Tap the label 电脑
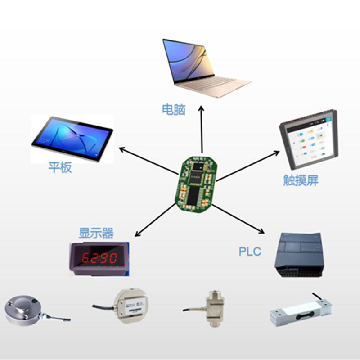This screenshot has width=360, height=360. [174, 109]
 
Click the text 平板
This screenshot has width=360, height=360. [60, 168]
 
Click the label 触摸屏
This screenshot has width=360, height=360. [301, 181]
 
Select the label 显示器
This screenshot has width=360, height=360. [96, 234]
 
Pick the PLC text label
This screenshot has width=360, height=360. [250, 252]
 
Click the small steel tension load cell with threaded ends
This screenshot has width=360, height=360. [215, 308]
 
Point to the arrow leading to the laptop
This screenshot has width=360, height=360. [202, 130]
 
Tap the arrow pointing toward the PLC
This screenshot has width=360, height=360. [238, 219]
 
